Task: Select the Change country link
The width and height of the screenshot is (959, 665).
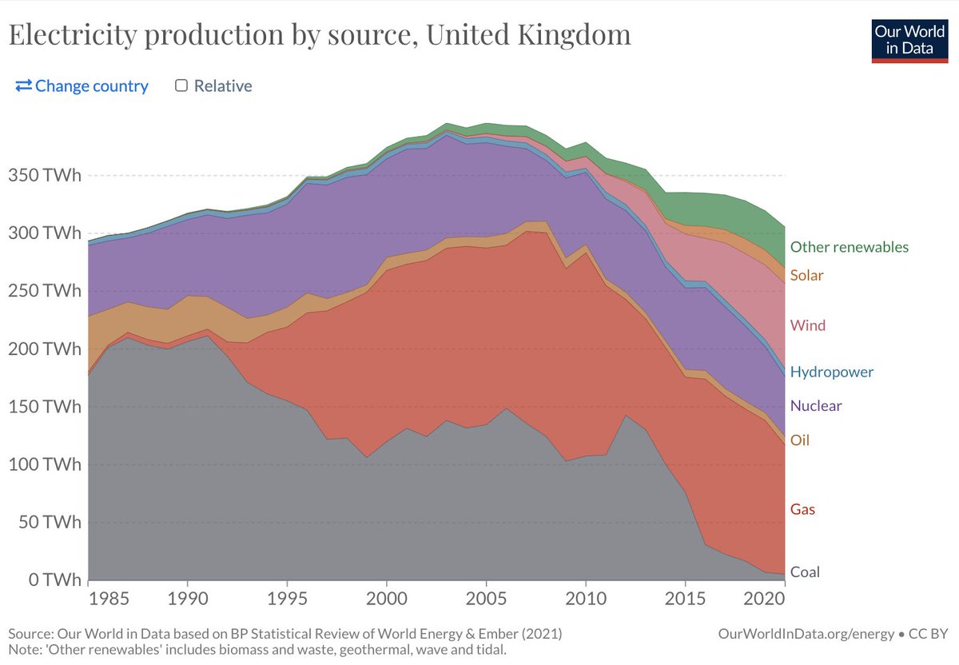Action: coord(82,86)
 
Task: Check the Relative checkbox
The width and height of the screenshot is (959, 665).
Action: coord(181,86)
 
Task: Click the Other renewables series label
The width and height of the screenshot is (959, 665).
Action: coord(849,247)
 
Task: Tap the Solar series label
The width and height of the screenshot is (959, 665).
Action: coord(806,275)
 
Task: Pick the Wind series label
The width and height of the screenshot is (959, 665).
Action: coord(807,325)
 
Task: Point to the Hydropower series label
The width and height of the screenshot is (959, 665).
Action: coord(831,372)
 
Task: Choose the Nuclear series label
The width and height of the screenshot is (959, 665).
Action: coord(815,405)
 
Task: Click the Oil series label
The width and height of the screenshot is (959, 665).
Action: coord(799,440)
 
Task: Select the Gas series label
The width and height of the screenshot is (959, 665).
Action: coord(802,509)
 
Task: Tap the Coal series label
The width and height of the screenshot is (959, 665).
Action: coord(804,571)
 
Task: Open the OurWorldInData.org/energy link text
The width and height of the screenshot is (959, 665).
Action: coord(806,634)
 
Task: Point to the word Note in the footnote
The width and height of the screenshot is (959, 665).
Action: coord(24,650)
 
